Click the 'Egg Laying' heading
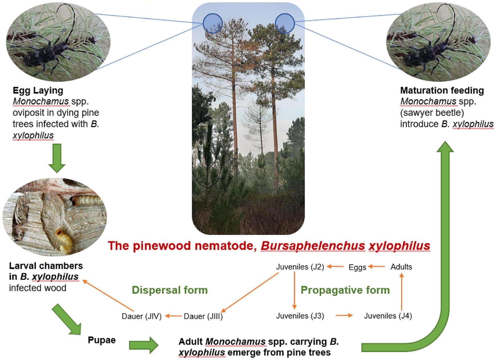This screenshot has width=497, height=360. [x=38, y=91]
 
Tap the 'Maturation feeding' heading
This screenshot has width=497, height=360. [x=442, y=91]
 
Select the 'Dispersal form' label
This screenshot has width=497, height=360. [x=170, y=290]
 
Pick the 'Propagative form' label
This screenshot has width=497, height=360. [x=345, y=290]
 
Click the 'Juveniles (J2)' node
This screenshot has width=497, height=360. [x=300, y=267]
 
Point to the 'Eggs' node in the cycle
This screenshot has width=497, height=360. [x=357, y=267]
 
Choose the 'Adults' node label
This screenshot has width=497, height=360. [x=401, y=267]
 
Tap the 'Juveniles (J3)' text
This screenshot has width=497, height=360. [x=300, y=316]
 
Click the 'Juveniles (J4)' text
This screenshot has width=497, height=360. [x=388, y=316]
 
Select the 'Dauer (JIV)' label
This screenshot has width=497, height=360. [x=142, y=316]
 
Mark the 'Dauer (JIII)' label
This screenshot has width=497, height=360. [x=203, y=316]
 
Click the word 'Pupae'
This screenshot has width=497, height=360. [x=102, y=340]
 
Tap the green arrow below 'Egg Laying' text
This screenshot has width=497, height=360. [x=57, y=158]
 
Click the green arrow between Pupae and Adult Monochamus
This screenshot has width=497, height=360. [x=143, y=345]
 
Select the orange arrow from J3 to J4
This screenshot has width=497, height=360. [x=344, y=316]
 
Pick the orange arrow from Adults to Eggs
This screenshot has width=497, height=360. [x=377, y=267]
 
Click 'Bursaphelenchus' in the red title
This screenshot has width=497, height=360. [x=313, y=246]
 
